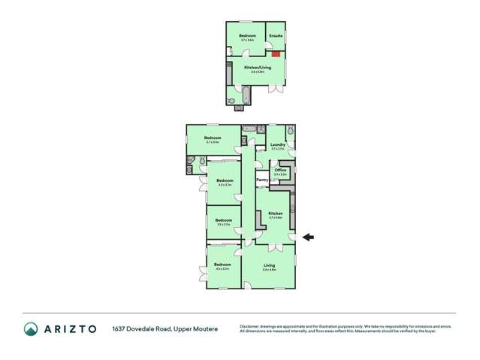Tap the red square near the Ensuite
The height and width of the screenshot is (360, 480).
tap(276, 54)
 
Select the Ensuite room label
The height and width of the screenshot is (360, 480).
tap(276, 36)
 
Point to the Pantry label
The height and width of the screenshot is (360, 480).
tap(263, 180)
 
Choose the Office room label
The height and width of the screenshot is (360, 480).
tap(280, 171)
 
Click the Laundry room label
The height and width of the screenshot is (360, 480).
tap(277, 144)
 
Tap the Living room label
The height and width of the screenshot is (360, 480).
tap(269, 265)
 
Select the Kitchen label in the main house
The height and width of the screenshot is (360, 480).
tap(276, 213)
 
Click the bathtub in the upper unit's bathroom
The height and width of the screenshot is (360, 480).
tap(244, 95)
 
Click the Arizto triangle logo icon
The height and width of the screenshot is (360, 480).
tap(31, 329)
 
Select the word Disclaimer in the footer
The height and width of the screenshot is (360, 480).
tap(250, 326)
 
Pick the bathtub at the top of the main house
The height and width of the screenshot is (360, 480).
tap(249, 129)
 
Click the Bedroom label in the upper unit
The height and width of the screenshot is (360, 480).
tap(248, 36)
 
